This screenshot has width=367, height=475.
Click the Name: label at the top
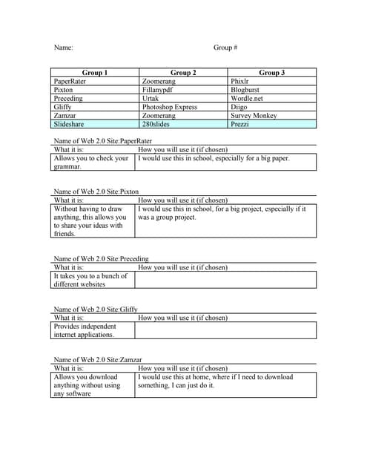click(x=63, y=47)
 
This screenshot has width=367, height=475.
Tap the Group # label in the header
click(x=225, y=47)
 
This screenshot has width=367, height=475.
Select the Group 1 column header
click(x=95, y=73)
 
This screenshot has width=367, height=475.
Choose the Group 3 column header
click(x=272, y=73)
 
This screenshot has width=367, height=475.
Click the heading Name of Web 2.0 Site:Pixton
click(x=96, y=191)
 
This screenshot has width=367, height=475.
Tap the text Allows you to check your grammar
click(x=91, y=163)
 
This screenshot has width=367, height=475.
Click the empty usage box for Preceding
click(x=225, y=280)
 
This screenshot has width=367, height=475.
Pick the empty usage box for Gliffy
click(x=225, y=330)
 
